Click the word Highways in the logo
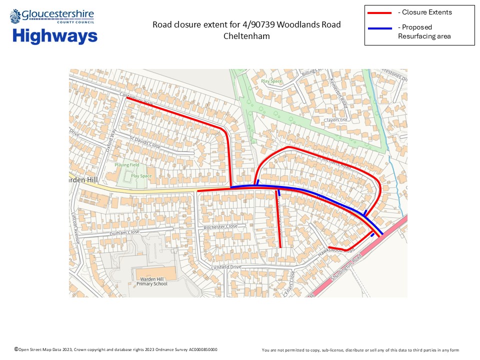[55, 36]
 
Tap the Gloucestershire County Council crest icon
[15, 16]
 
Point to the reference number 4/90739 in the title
[264, 25]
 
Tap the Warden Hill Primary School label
[152, 281]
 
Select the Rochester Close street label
[220, 226]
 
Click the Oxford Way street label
[111, 140]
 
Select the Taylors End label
[335, 120]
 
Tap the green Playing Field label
[127, 165]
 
